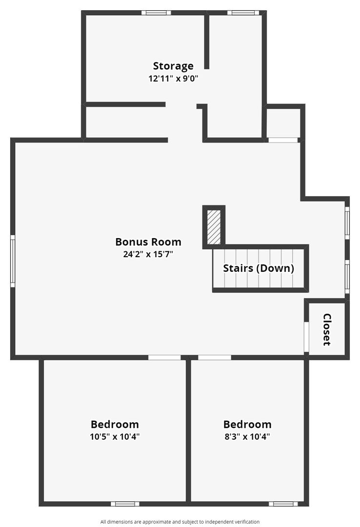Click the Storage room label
173,66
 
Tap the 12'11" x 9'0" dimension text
174,79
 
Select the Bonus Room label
148,242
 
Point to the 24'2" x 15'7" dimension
148,254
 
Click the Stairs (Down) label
259,268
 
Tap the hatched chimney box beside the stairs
214,227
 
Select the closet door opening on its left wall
306,337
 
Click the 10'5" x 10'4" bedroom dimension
115,437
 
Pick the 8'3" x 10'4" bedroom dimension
247,437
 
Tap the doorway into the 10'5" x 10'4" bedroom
164,357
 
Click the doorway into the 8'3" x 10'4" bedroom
215,357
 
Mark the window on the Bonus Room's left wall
13,261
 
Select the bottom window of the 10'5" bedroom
125,504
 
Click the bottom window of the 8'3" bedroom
283,504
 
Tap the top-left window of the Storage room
156,13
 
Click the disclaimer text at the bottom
180,522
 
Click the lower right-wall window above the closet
347,277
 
